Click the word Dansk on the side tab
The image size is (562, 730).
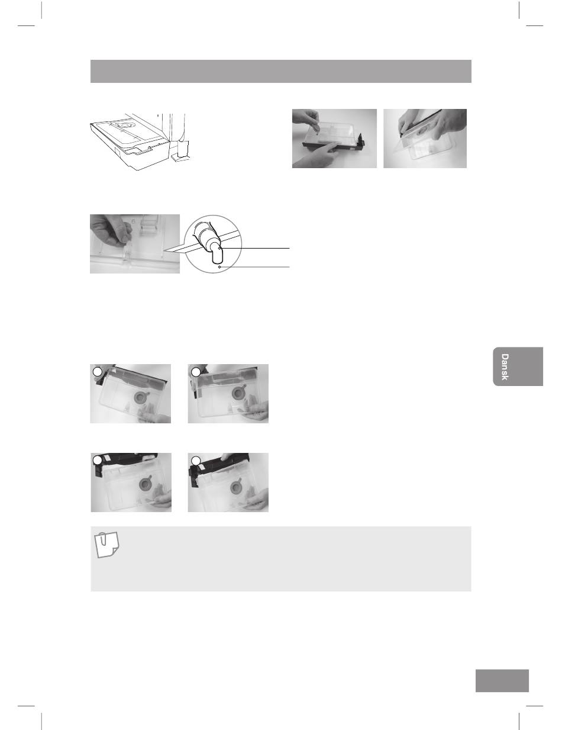[504, 367]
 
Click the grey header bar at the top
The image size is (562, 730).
[280, 71]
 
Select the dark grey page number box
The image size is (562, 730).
[502, 681]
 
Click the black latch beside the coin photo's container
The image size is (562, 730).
[361, 139]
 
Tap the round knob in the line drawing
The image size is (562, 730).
[123, 125]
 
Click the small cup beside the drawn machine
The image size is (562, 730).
[183, 149]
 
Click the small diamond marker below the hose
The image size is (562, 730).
[219, 267]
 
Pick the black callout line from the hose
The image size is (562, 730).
[254, 248]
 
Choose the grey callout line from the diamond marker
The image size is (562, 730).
[255, 267]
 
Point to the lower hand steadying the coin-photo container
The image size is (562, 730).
[319, 155]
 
